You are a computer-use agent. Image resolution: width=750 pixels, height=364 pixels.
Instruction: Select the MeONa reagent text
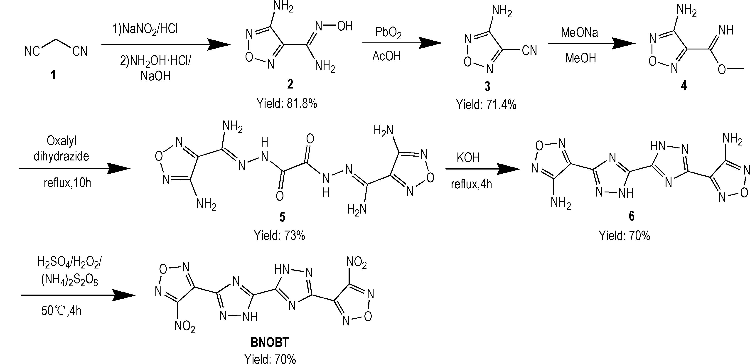[x=579, y=32]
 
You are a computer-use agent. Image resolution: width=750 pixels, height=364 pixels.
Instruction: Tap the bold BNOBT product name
[x=269, y=342]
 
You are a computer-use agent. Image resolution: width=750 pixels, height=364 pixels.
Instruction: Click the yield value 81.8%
[x=302, y=103]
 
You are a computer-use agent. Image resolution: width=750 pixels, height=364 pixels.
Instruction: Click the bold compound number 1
[x=53, y=75]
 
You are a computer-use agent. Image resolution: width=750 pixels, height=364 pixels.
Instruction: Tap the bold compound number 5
[x=282, y=217]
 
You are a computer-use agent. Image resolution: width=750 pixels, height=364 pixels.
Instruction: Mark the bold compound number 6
[x=632, y=216]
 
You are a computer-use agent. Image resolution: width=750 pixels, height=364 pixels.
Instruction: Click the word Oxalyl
[x=61, y=141]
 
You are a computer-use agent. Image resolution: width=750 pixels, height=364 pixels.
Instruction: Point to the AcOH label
[x=387, y=56]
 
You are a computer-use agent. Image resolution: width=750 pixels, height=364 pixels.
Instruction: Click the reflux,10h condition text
[x=67, y=183]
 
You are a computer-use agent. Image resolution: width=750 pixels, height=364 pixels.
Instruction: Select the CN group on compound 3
[x=529, y=51]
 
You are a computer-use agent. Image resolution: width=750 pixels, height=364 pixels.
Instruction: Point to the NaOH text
[x=155, y=76]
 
